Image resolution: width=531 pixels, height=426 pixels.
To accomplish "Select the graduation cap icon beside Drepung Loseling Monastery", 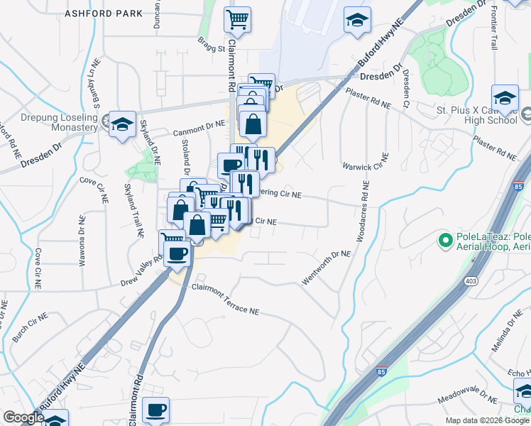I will point(122,125).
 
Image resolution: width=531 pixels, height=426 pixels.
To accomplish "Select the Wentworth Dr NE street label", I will point(327,268).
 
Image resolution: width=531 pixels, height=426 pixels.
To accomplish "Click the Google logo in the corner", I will point(23,417).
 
